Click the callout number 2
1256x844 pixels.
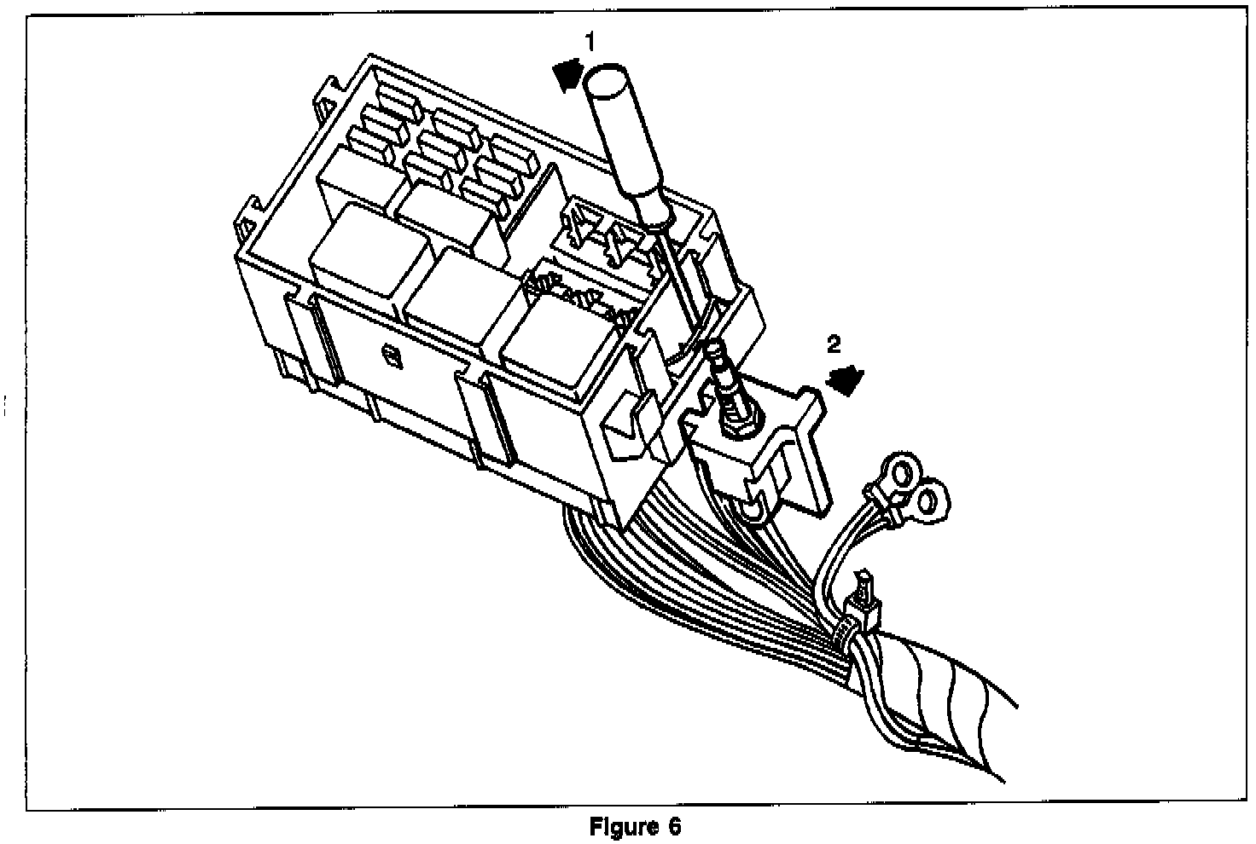click(x=834, y=345)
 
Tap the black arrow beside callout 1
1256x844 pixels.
click(x=567, y=75)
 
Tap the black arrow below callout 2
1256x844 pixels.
click(x=846, y=379)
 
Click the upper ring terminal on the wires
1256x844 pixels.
click(x=900, y=470)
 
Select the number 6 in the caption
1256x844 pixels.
click(x=676, y=827)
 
